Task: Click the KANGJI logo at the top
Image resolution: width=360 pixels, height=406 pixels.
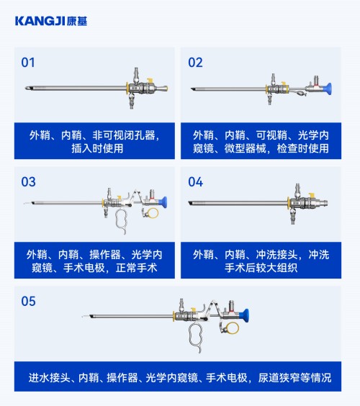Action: click(51, 21)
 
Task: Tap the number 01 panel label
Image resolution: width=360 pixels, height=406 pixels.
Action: click(28, 63)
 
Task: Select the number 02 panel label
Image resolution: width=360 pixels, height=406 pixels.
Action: click(195, 63)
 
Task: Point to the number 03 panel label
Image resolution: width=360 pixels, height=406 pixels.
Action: click(28, 182)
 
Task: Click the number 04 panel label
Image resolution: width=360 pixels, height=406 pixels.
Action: click(196, 182)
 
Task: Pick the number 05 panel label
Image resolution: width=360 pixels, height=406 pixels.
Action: click(28, 301)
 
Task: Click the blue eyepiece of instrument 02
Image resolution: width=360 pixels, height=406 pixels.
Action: click(327, 89)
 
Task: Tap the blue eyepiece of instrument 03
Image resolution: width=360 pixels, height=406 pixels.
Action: click(163, 202)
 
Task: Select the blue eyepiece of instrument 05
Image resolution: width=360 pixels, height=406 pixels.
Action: click(245, 315)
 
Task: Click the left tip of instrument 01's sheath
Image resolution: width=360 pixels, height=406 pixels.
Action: click(26, 89)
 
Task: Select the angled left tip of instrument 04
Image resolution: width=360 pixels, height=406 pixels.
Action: click(189, 203)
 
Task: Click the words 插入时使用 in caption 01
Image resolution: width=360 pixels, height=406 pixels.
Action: click(97, 148)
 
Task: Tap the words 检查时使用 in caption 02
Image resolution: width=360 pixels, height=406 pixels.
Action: click(303, 148)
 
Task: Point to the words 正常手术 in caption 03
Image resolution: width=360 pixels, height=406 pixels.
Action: click(136, 268)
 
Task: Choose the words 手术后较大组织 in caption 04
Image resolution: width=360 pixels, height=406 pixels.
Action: click(261, 268)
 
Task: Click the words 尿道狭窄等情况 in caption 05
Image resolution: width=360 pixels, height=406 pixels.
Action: click(294, 377)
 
